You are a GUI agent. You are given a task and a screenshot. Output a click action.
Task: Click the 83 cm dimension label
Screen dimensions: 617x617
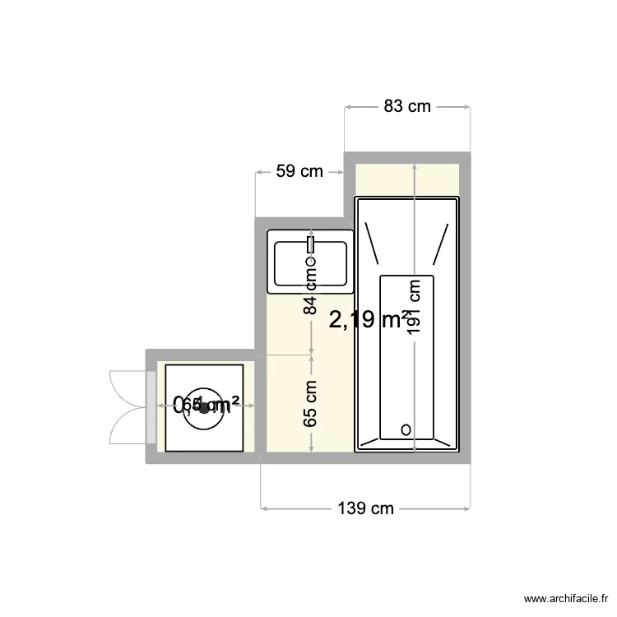pyautogui.click(x=407, y=106)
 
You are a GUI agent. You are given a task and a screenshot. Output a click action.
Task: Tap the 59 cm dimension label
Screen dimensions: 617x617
pyautogui.click(x=299, y=171)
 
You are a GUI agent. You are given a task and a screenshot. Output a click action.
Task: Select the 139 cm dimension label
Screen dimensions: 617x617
pyautogui.click(x=366, y=508)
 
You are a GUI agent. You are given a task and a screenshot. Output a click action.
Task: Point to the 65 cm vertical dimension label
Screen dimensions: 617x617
pyautogui.click(x=310, y=404)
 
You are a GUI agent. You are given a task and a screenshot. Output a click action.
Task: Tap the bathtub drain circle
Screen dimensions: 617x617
pyautogui.click(x=406, y=429)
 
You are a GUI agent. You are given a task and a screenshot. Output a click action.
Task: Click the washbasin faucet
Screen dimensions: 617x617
pyautogui.click(x=311, y=244)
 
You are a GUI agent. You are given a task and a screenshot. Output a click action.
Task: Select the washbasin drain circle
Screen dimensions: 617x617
pyautogui.click(x=311, y=262)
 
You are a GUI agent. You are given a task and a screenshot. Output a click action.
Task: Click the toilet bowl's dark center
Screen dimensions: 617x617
pyautogui.click(x=204, y=407)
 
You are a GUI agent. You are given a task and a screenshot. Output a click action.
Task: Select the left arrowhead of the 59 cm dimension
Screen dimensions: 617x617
pyautogui.click(x=260, y=172)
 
